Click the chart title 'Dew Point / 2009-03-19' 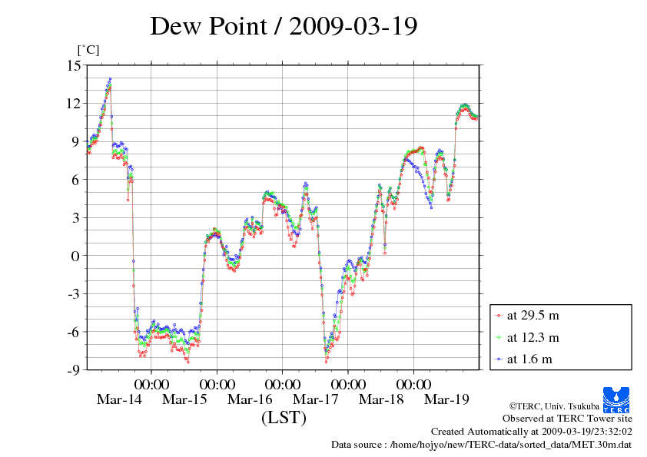click(x=284, y=26)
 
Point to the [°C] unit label click(x=87, y=50)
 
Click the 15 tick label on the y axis click(x=73, y=65)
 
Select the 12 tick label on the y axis click(x=73, y=103)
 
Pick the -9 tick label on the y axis click(x=73, y=370)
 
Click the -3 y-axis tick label click(x=73, y=294)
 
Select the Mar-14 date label click(x=120, y=399)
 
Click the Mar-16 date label click(x=251, y=399)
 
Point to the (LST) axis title click(x=284, y=419)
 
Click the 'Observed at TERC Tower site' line click(x=567, y=419)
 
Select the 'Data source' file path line click(x=481, y=445)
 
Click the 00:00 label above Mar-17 click(x=347, y=382)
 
